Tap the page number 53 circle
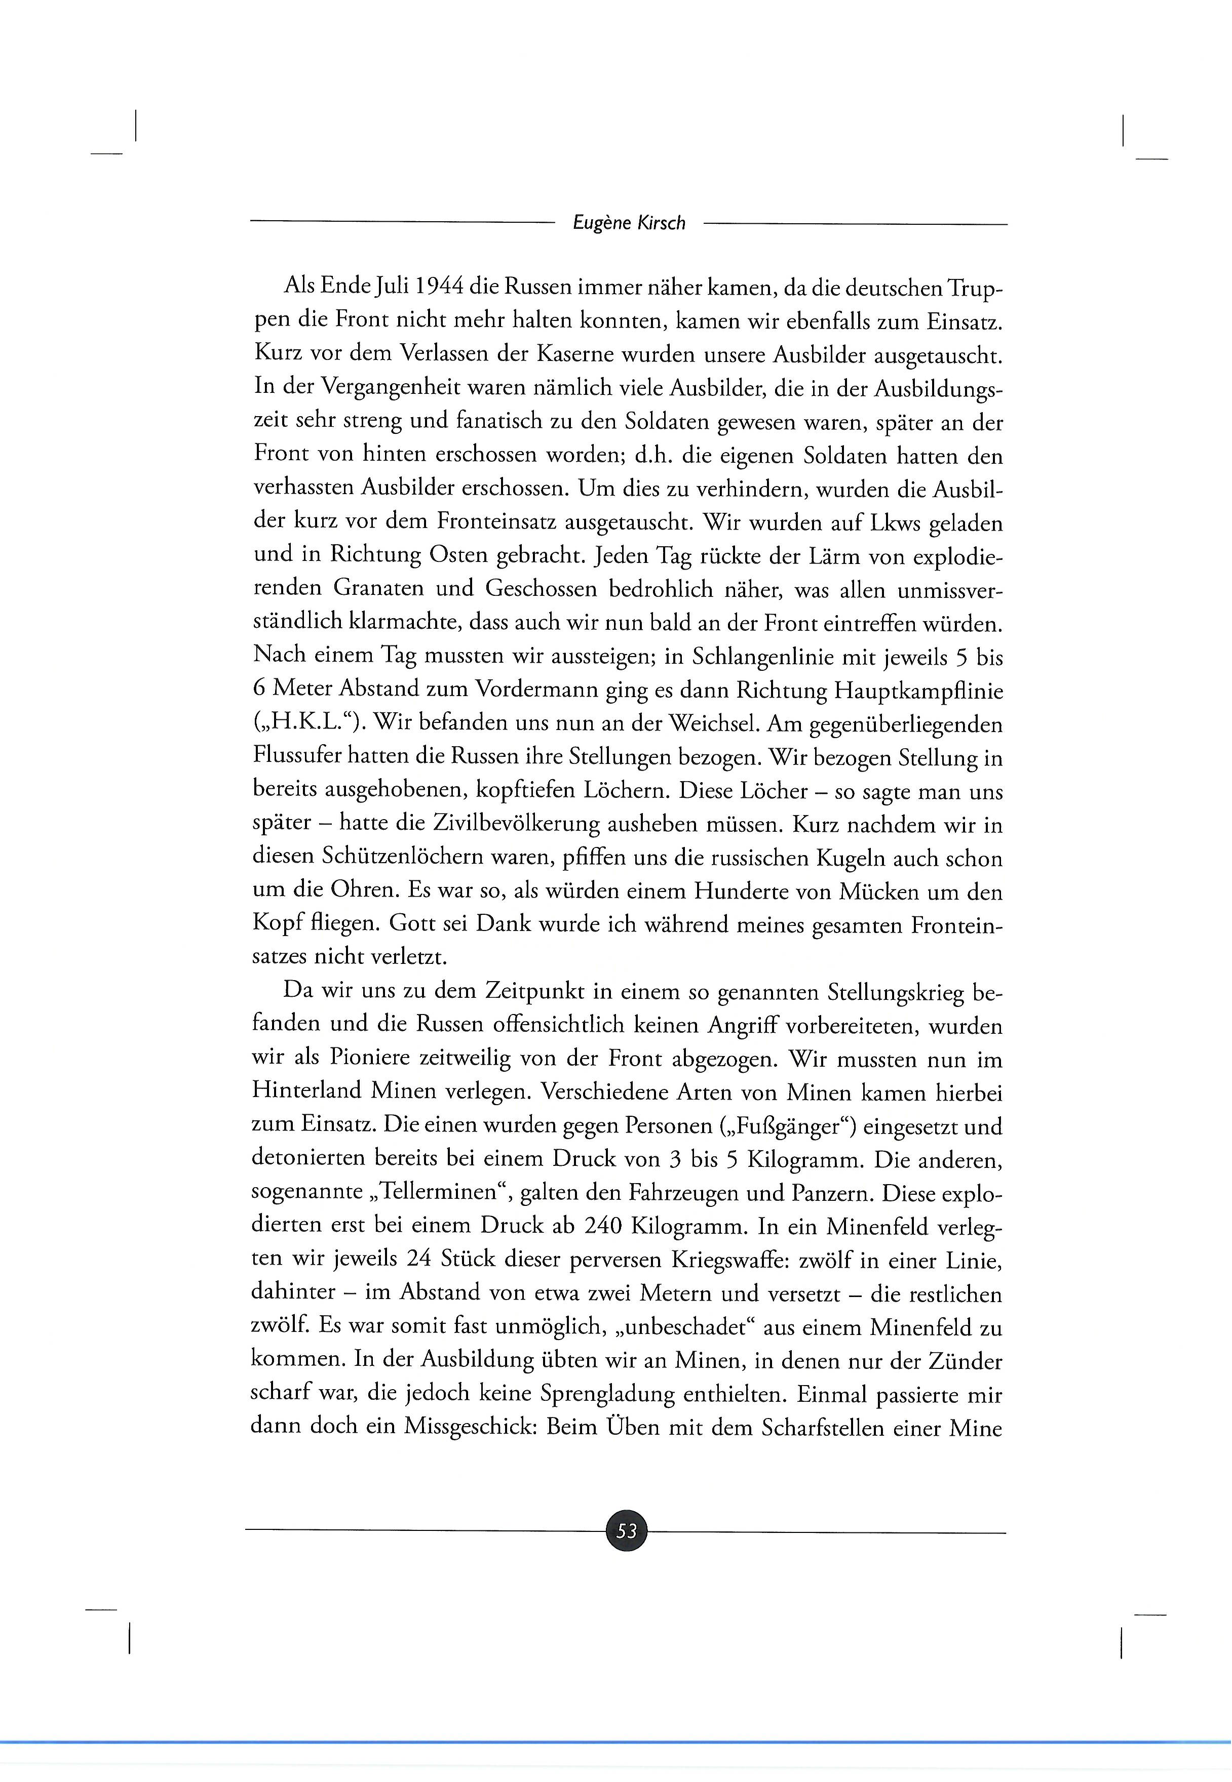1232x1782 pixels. pos(627,1530)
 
